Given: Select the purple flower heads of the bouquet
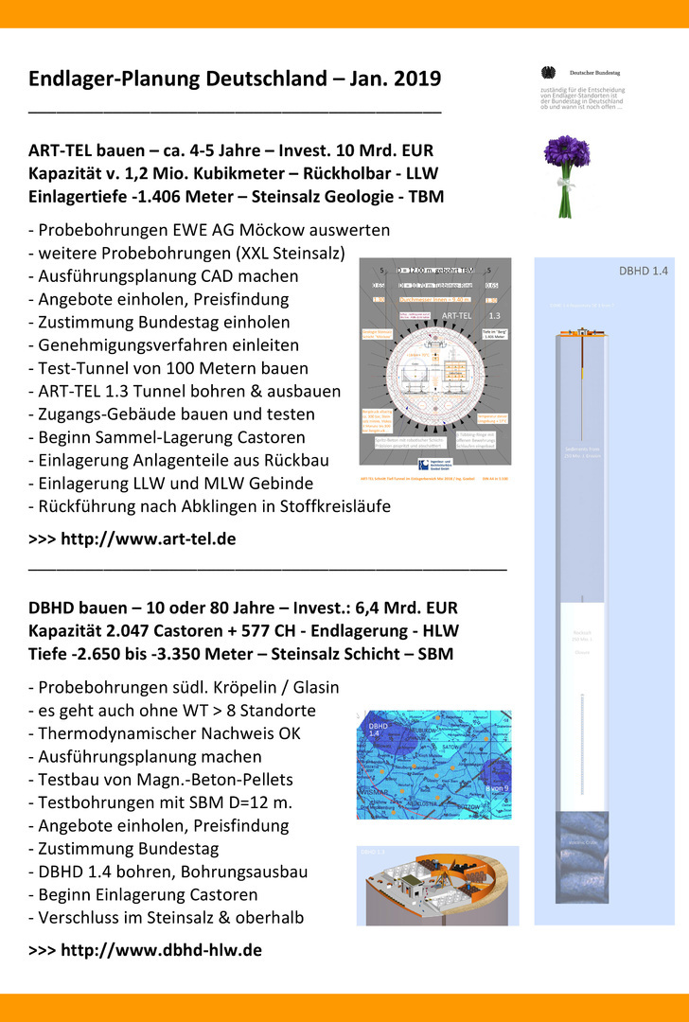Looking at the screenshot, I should tap(566, 151).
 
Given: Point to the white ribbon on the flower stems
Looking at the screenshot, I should tap(566, 179).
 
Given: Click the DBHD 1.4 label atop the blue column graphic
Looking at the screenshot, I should tap(644, 271).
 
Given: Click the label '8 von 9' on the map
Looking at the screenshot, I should tap(494, 787).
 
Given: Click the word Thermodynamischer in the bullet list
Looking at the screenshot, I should tap(109, 733).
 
